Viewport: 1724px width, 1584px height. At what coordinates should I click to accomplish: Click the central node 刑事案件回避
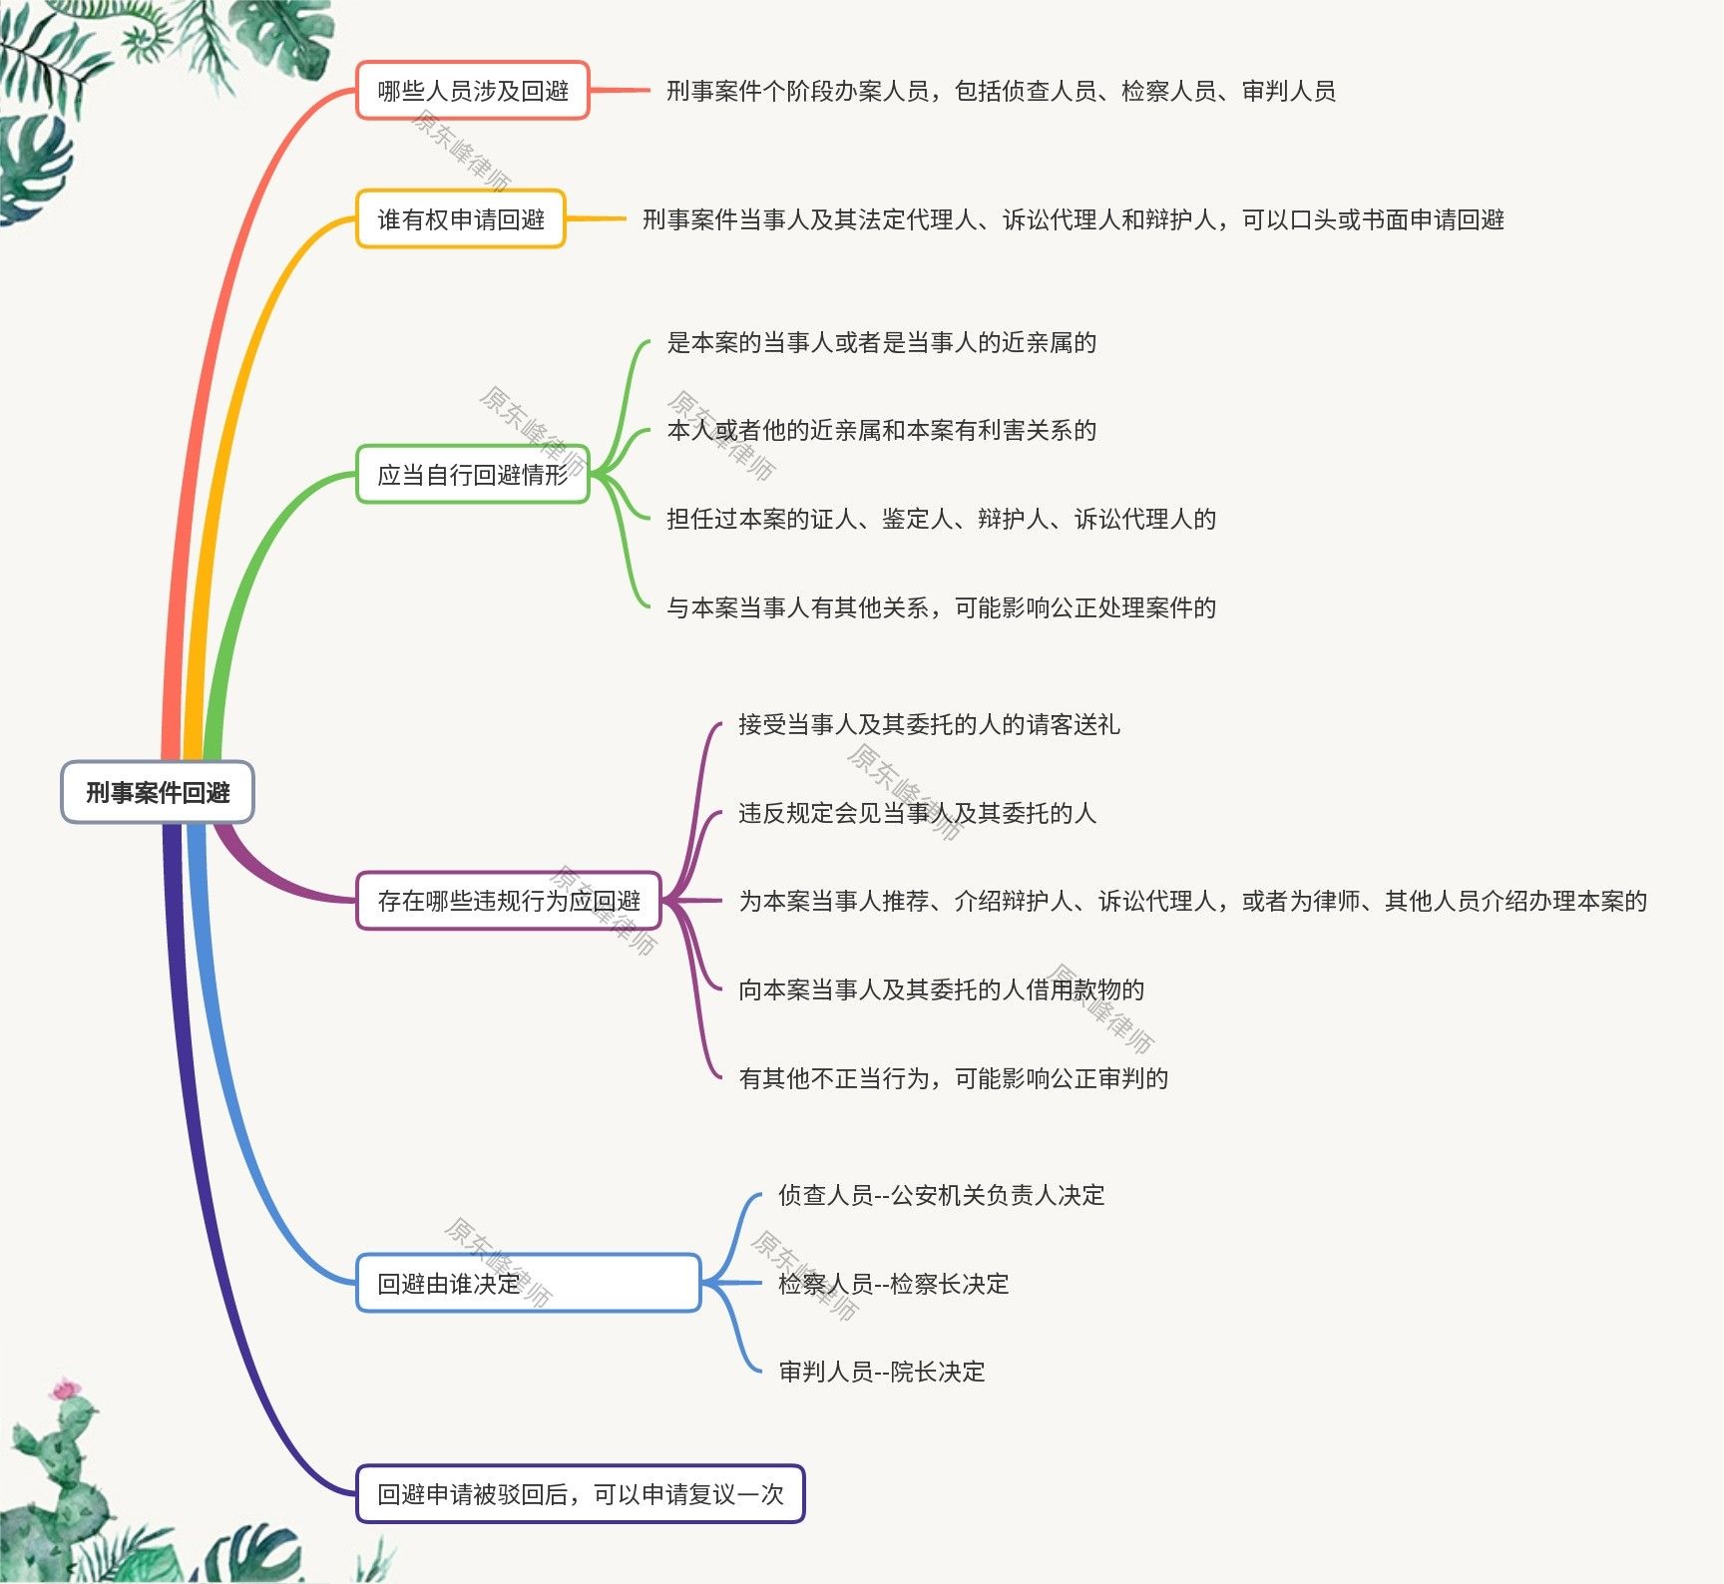tap(158, 792)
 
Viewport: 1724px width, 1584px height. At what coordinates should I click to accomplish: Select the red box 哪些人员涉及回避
tap(472, 91)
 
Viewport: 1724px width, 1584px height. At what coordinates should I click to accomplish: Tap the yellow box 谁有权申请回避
tap(460, 219)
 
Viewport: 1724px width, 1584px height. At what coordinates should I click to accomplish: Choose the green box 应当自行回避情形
tap(472, 475)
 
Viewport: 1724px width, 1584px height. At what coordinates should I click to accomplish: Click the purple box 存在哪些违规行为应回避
tap(508, 901)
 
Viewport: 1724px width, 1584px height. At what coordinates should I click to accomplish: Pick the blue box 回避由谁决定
tap(528, 1283)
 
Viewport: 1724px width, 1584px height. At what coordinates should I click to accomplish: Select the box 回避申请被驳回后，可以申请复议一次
tap(580, 1494)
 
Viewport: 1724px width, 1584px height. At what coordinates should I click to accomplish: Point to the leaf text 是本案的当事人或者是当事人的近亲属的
tap(881, 343)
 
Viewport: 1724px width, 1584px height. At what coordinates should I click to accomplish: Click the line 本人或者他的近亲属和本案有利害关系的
tap(881, 431)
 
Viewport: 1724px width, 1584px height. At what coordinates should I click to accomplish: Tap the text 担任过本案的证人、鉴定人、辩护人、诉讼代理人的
tap(941, 519)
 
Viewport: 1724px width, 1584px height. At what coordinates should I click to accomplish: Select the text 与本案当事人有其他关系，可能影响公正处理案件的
tap(941, 607)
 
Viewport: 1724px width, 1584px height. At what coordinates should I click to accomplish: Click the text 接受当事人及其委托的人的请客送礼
tap(929, 724)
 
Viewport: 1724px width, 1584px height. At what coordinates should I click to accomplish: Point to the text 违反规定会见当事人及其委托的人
tap(917, 813)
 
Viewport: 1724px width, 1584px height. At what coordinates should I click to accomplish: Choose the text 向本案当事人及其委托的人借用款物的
tap(941, 990)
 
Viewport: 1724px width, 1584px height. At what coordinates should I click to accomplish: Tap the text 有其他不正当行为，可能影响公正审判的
tap(953, 1078)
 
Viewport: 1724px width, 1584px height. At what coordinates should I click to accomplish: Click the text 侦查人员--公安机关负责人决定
tap(941, 1195)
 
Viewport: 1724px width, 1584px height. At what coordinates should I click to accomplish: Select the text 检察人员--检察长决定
tap(893, 1284)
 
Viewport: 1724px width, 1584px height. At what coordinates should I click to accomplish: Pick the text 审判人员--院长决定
tap(881, 1372)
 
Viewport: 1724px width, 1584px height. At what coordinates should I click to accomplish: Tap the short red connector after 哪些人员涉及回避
tap(620, 91)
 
